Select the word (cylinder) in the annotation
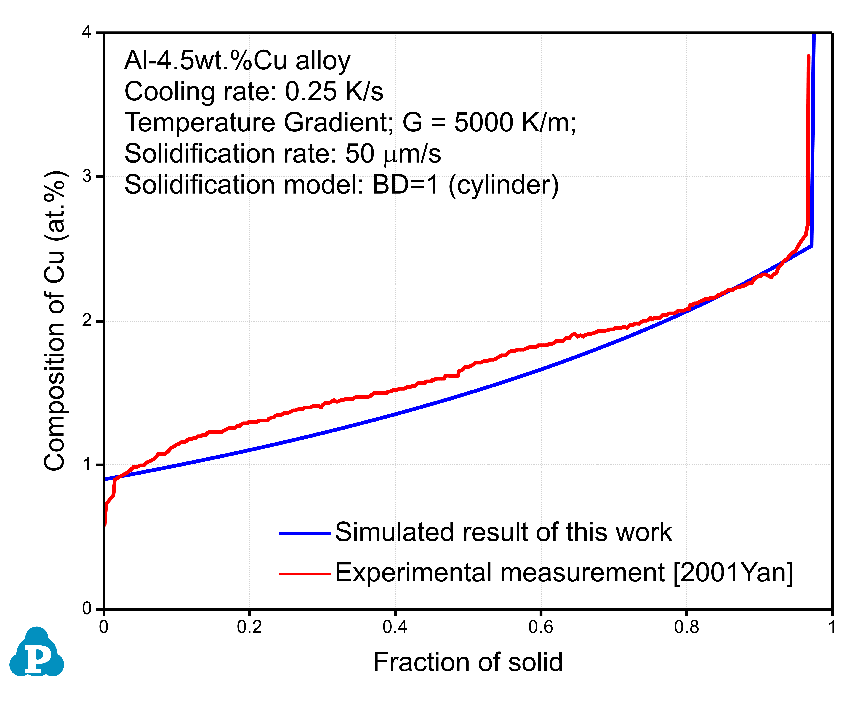(x=504, y=185)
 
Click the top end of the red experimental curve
(x=808, y=56)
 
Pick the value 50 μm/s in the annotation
(x=393, y=154)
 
